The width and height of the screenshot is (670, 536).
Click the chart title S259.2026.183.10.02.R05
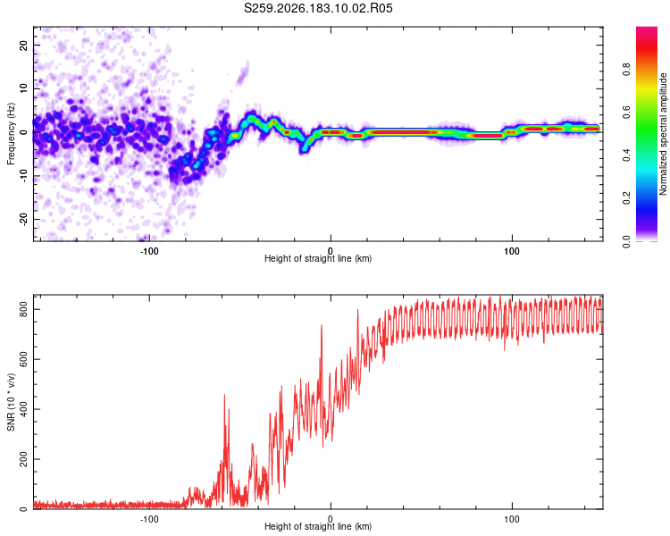[x=318, y=8]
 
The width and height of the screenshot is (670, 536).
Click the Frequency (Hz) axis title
[x=11, y=133]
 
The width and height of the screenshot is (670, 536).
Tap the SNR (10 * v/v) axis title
[x=11, y=402]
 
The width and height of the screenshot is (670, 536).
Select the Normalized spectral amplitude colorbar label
[x=663, y=134]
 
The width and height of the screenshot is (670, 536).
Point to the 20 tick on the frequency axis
[x=23, y=45]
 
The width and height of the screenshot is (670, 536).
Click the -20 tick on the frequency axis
[x=23, y=219]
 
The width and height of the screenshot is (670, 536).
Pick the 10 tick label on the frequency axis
[x=23, y=88]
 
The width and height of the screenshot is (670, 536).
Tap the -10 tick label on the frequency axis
[x=23, y=176]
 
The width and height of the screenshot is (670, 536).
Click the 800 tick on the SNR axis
[x=23, y=309]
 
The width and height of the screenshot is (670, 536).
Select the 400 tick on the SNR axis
[x=23, y=409]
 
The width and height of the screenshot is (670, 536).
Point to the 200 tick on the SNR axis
[x=23, y=459]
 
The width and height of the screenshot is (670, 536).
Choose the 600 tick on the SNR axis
[x=23, y=359]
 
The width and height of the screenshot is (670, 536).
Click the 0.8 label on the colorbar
[x=626, y=70]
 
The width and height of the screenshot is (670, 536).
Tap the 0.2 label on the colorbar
[x=626, y=198]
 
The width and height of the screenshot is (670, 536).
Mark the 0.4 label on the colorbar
[x=626, y=155]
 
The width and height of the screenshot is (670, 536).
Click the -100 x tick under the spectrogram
[x=149, y=251]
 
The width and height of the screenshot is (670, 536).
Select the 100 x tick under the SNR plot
[x=512, y=519]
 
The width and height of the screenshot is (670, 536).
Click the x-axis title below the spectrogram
[x=318, y=258]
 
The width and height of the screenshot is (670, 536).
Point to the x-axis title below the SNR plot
[x=318, y=526]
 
